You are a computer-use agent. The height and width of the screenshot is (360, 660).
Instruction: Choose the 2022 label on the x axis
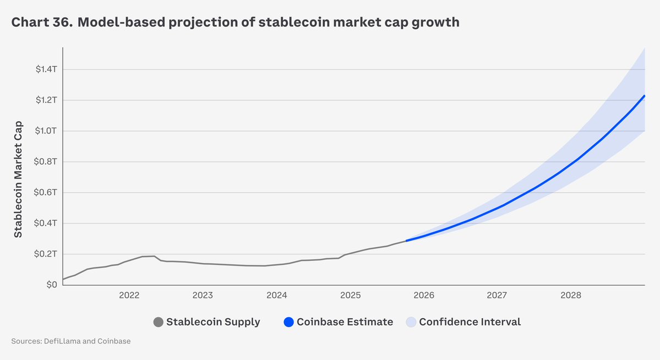pyautogui.click(x=129, y=296)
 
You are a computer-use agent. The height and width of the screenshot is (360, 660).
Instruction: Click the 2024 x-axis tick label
pyautogui.click(x=276, y=296)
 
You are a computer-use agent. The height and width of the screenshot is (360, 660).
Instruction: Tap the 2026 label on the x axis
pyautogui.click(x=424, y=296)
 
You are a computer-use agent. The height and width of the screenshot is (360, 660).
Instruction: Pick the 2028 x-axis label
pyautogui.click(x=571, y=296)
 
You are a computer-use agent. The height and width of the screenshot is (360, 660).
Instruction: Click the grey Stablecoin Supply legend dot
pyautogui.click(x=159, y=322)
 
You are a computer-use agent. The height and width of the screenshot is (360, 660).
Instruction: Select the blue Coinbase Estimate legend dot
pyautogui.click(x=288, y=322)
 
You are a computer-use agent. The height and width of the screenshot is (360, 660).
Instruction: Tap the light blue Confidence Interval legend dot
pyautogui.click(x=411, y=322)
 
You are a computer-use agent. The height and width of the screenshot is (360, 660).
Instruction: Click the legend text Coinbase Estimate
pyautogui.click(x=345, y=322)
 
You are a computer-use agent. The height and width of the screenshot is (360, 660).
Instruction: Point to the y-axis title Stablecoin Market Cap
pyautogui.click(x=18, y=179)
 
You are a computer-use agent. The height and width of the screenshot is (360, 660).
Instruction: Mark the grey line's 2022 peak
pyautogui.click(x=154, y=256)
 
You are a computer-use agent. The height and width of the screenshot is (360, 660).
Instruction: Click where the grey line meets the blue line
pyautogui.click(x=406, y=241)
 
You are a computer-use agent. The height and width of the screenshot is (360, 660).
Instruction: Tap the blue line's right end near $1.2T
pyautogui.click(x=644, y=96)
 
